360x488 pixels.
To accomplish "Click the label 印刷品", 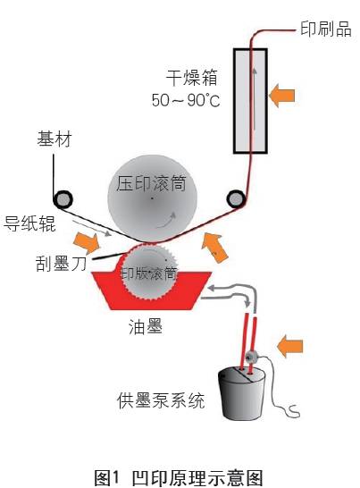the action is coord(326,29).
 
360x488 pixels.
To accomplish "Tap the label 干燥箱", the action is coord(191,78).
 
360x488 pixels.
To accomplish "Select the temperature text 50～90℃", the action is coord(186,100).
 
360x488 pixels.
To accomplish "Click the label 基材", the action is coord(54,139).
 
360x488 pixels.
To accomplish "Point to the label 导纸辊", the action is coord(29,223).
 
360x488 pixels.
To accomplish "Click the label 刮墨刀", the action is coord(61,264).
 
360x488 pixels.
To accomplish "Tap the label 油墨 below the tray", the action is coord(146,327).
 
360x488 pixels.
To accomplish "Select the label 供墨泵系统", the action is coord(161,400).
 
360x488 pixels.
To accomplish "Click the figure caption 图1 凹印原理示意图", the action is coord(179,477).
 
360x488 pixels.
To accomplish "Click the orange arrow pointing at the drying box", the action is coord(282,96).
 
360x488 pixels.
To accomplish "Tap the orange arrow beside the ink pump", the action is coord(290,347).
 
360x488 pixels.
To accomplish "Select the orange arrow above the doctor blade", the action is coord(87,242).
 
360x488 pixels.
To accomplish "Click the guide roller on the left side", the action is coord(63,199).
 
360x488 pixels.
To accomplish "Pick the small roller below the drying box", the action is coord(236,199).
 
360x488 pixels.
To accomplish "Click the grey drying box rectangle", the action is coord(250,101).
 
